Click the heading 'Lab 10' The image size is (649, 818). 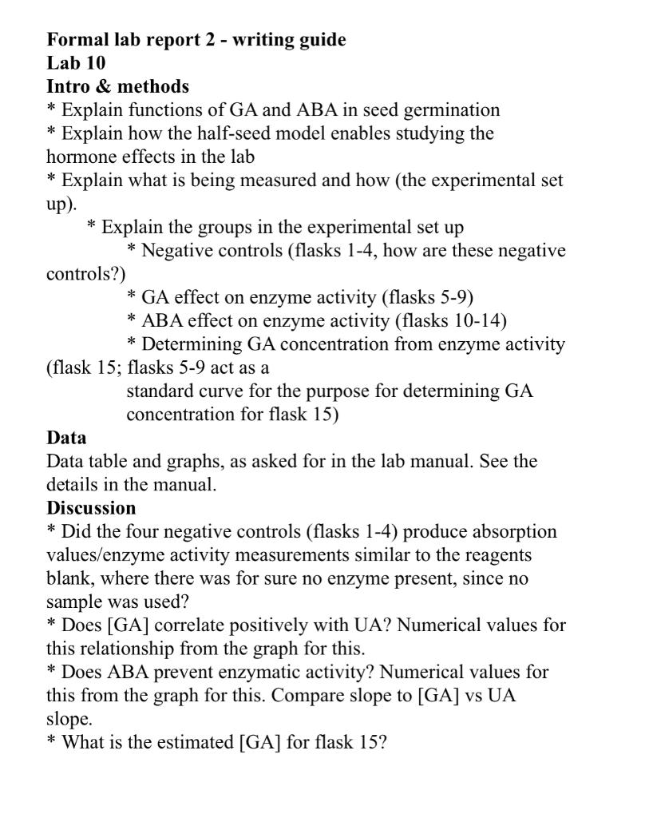pos(76,63)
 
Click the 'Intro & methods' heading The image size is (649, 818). pos(117,86)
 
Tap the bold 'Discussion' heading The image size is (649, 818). pos(91,508)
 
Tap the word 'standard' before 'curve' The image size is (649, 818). pos(157,391)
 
